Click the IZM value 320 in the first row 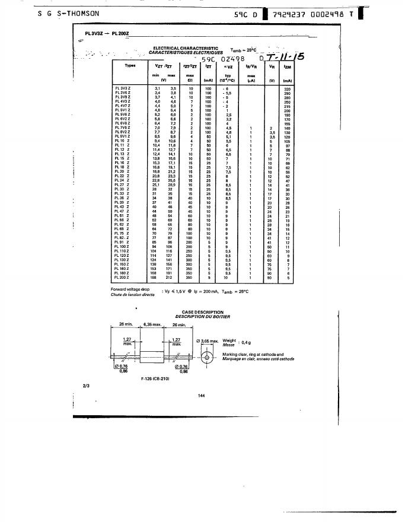coord(287,88)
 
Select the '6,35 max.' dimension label coord(154,324)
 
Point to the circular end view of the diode coord(206,359)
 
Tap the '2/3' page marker coord(86,387)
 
